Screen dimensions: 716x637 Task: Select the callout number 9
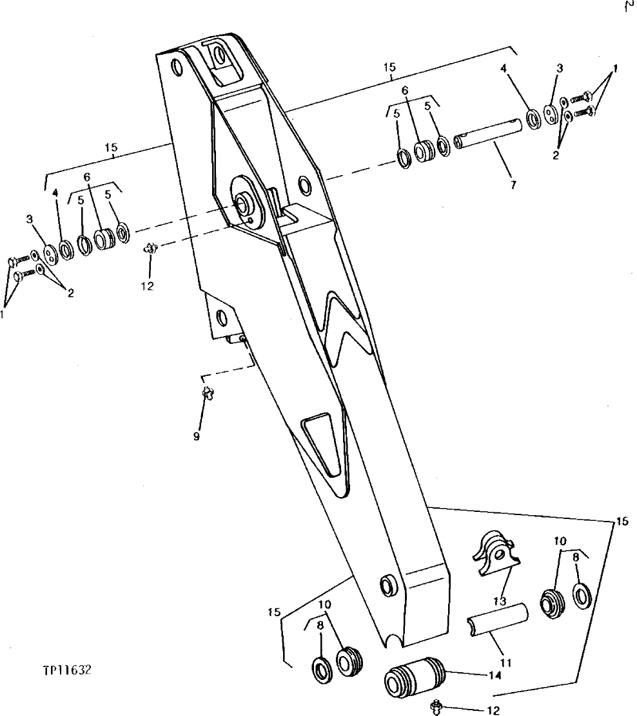196,437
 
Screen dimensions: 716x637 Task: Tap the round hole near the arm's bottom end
389,585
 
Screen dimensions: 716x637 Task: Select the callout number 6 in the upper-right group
406,91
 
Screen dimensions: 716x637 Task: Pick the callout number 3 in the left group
29,220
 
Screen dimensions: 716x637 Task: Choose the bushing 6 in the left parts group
104,238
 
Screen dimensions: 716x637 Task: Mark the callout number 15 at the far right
622,522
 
